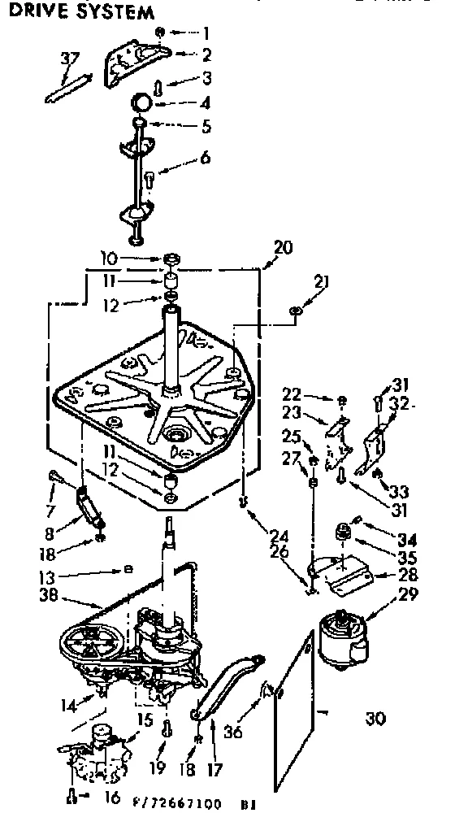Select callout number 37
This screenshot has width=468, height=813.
click(x=71, y=60)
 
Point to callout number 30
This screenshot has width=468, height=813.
click(x=375, y=719)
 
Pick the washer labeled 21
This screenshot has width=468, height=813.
click(x=296, y=310)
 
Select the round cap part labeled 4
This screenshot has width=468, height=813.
click(x=144, y=102)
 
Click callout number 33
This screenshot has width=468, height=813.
click(x=399, y=492)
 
